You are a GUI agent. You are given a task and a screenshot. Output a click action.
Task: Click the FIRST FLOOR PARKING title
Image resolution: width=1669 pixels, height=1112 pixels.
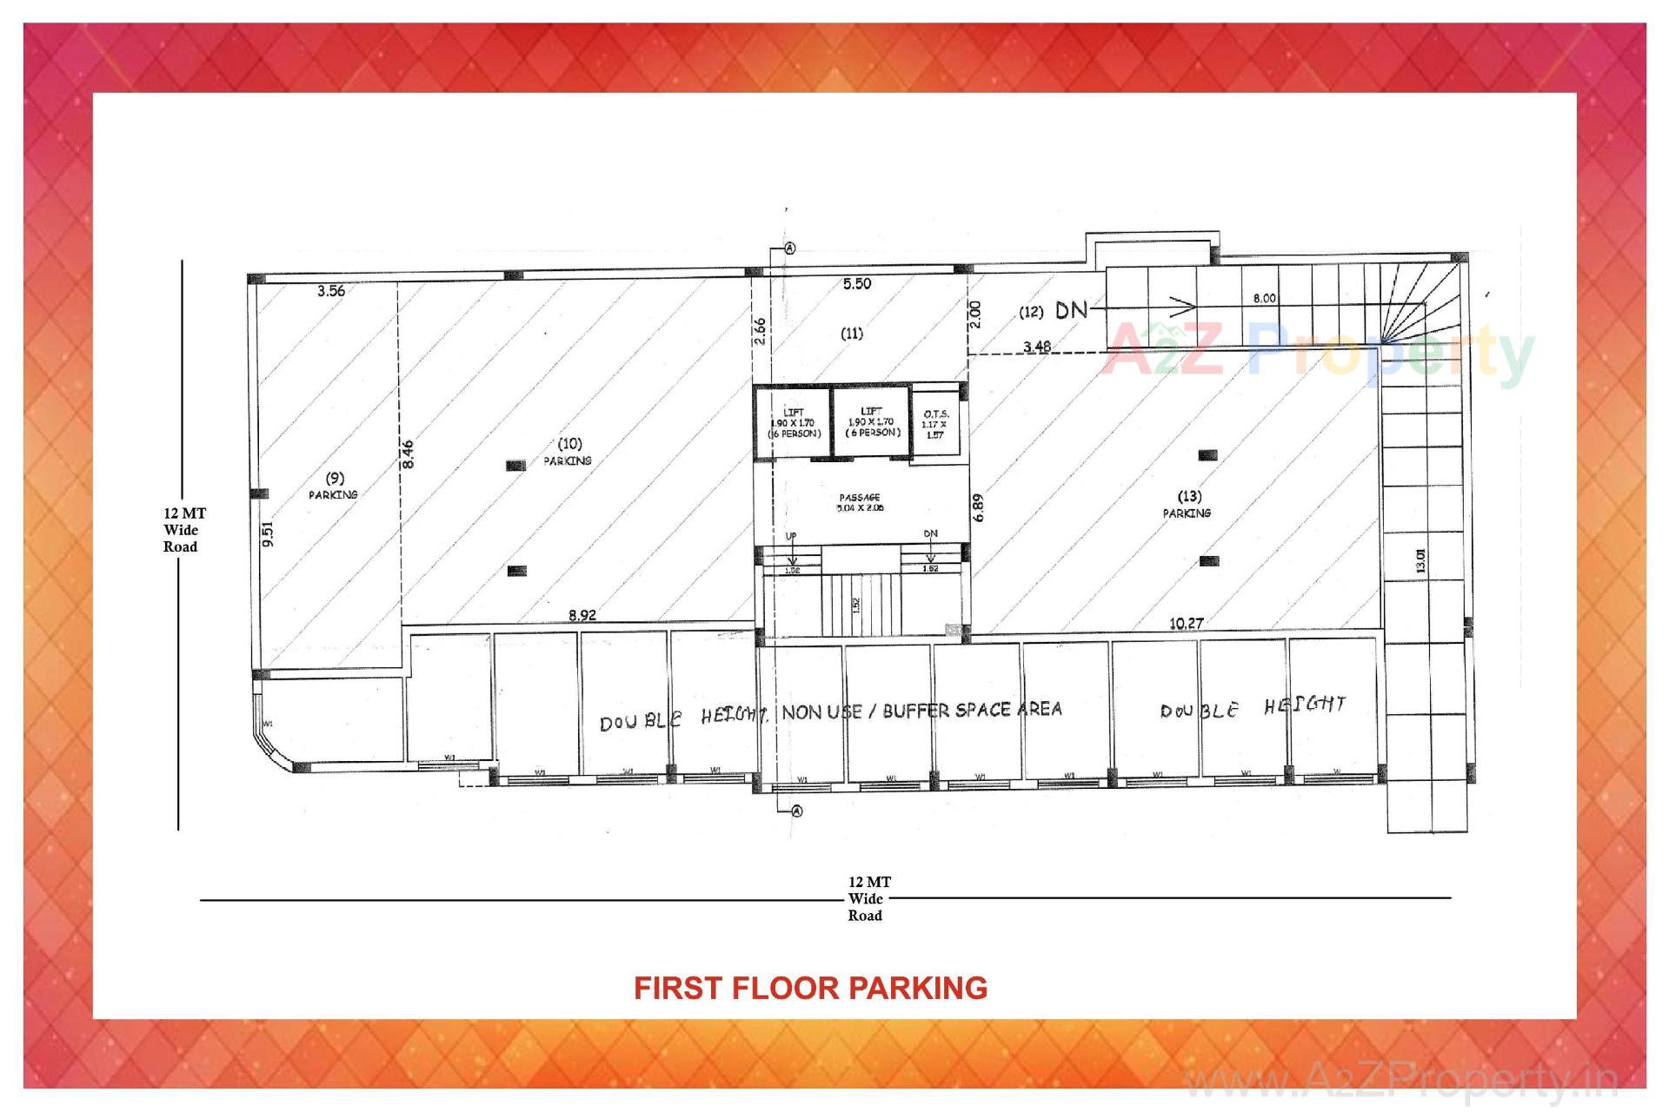coord(810,988)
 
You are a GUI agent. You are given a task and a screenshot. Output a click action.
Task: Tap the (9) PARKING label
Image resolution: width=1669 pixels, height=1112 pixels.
coord(334,486)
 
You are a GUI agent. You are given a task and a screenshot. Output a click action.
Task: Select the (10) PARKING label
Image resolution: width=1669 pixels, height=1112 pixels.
coord(569,452)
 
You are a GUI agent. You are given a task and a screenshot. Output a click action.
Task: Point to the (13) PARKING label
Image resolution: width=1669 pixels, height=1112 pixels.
coord(1187,504)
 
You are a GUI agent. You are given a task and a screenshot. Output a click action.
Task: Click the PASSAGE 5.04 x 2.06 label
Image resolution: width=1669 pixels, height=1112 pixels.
coord(861,503)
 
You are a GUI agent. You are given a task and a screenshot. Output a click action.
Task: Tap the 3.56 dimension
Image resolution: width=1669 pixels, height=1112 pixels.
coord(331,291)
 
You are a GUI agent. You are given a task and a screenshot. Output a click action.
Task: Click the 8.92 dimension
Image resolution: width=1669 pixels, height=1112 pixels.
coord(582,615)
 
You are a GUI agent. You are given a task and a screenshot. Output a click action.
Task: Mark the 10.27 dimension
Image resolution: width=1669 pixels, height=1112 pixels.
coord(1186,623)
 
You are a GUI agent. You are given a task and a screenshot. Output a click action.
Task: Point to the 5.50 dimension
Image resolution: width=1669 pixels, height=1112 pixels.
coord(857,283)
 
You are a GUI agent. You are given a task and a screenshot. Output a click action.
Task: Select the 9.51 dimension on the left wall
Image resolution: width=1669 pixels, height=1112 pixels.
coord(268,533)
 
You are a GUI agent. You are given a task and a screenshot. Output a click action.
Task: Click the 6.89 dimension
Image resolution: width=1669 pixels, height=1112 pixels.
coord(979,507)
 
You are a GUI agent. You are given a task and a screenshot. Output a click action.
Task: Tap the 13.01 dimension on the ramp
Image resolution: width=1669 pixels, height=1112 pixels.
coord(1420,560)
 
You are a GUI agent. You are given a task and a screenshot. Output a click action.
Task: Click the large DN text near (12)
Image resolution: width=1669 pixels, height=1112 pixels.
coord(1071,309)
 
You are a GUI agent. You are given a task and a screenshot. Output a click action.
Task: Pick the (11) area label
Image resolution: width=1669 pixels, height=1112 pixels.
coord(852,333)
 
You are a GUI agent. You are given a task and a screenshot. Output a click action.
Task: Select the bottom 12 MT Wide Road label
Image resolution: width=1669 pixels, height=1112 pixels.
coord(866,898)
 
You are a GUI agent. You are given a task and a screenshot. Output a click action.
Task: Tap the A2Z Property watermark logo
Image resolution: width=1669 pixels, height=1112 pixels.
coord(1318,351)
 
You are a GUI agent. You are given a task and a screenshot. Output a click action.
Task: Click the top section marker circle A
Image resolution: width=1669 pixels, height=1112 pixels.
coord(790,248)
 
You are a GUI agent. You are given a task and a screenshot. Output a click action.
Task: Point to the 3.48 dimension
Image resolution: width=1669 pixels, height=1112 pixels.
coord(1036,347)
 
